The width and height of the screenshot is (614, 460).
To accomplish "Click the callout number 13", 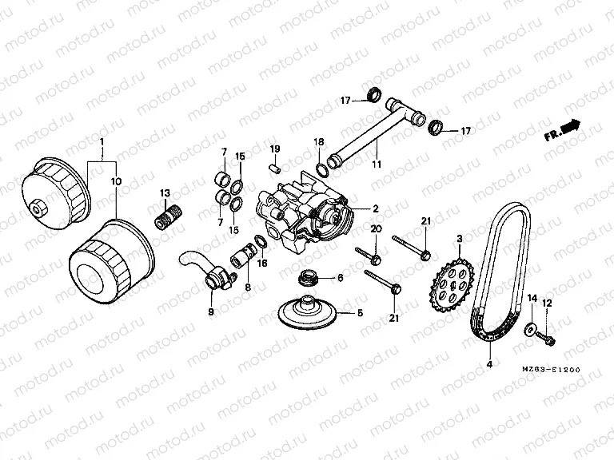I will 165,192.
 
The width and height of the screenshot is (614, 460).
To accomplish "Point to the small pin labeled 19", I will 274,169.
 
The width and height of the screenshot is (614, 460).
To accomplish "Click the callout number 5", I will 359,313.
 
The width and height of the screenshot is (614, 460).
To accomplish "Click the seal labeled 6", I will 306,279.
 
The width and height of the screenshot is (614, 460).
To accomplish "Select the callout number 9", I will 211,311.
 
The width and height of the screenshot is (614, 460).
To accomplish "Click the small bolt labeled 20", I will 375,257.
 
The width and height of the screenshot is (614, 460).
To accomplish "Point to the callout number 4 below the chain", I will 489,365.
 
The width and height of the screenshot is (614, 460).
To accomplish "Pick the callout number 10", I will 116,182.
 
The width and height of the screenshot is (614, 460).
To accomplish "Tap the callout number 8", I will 247,287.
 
